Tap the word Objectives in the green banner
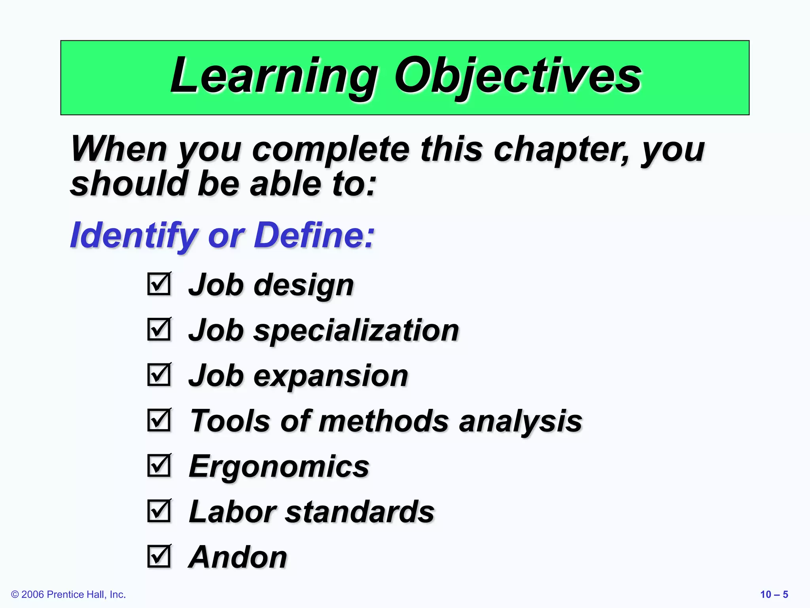pos(518,76)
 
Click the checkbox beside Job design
pos(159,284)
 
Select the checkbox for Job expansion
pos(159,374)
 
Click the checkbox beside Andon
pos(159,556)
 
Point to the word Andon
pos(238,557)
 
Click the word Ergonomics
pos(279,466)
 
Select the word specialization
pos(356,331)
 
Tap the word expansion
pos(331,376)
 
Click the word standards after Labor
pos(360,512)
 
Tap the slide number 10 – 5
pos(774,595)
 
